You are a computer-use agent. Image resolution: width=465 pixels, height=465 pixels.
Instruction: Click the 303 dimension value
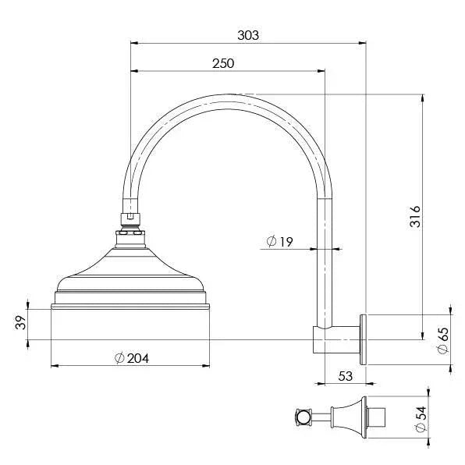[247, 35]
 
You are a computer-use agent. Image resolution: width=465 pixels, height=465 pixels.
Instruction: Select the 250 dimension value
[222, 64]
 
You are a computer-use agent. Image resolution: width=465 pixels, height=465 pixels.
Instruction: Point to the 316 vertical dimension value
[416, 216]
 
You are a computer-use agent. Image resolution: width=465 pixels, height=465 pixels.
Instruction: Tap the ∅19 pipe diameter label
[279, 242]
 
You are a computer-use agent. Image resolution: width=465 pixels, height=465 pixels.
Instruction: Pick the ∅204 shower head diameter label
[131, 358]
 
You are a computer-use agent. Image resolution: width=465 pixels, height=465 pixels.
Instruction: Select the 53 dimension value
[346, 376]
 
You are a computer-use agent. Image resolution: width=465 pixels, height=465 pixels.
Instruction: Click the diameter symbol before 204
[119, 358]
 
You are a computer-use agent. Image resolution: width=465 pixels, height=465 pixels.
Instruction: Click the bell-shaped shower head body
[130, 265]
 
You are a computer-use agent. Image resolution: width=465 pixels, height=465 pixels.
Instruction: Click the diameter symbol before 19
[269, 242]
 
